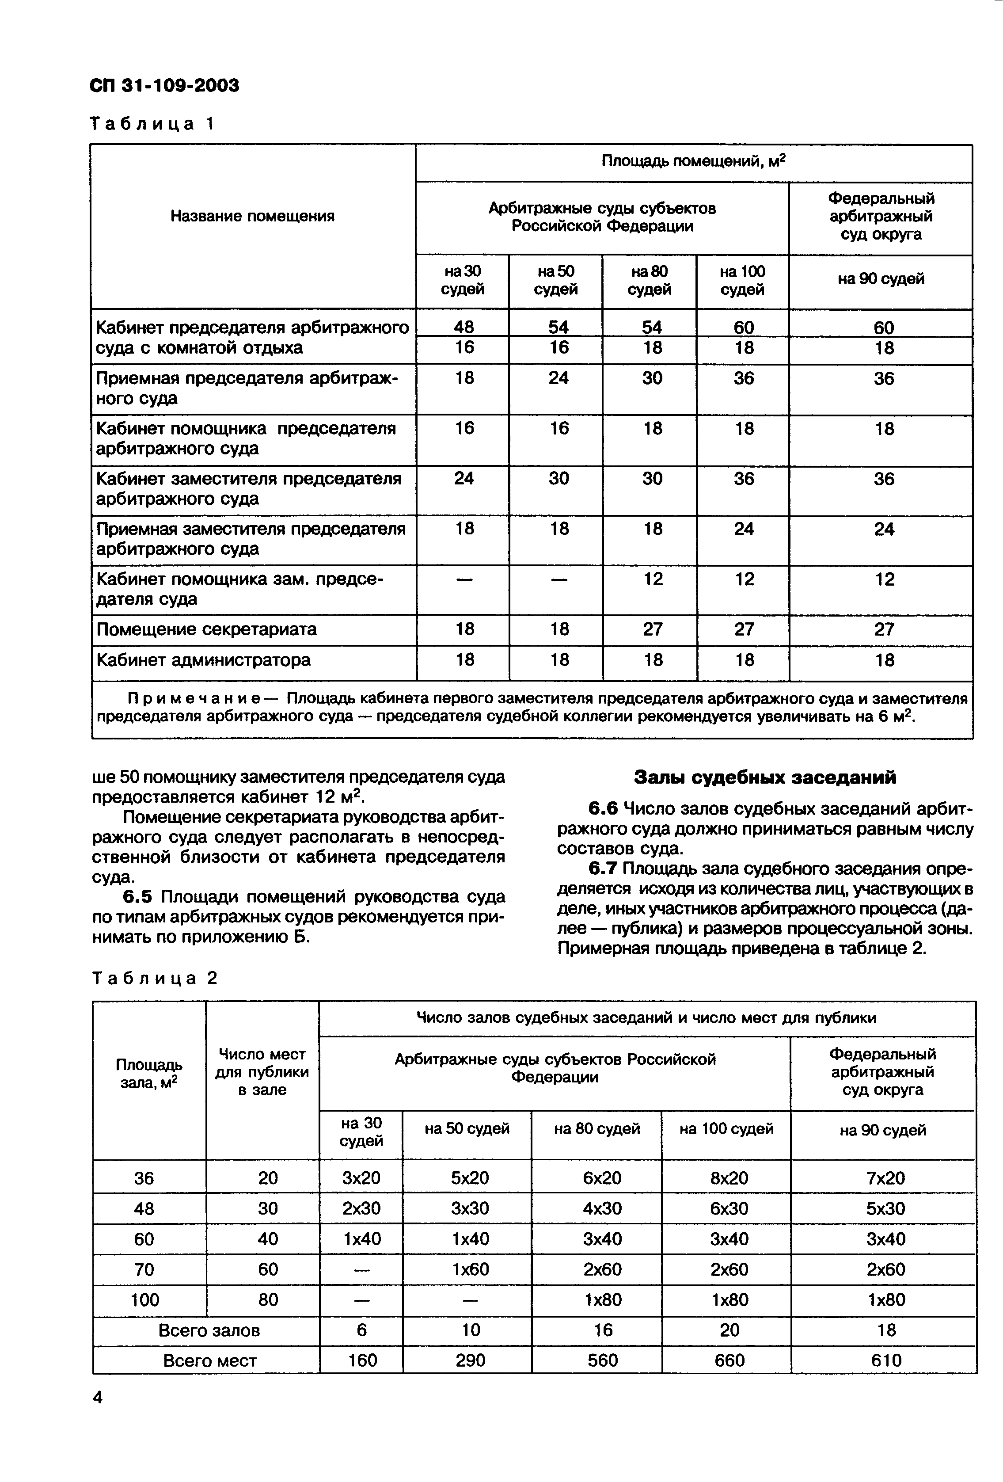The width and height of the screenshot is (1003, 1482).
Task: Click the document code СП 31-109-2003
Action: point(164,85)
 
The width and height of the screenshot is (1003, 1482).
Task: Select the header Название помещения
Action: point(252,216)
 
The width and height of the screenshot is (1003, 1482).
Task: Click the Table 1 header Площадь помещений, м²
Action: point(693,161)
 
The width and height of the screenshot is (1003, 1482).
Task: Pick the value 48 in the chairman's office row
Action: point(464,327)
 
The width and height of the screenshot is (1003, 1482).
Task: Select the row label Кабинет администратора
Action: point(203,659)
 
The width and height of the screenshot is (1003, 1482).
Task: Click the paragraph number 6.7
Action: point(603,869)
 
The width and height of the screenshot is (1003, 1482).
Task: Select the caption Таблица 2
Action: point(155,978)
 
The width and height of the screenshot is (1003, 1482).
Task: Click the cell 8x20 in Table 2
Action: point(729,1178)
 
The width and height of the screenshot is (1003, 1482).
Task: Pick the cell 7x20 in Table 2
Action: point(885,1178)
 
